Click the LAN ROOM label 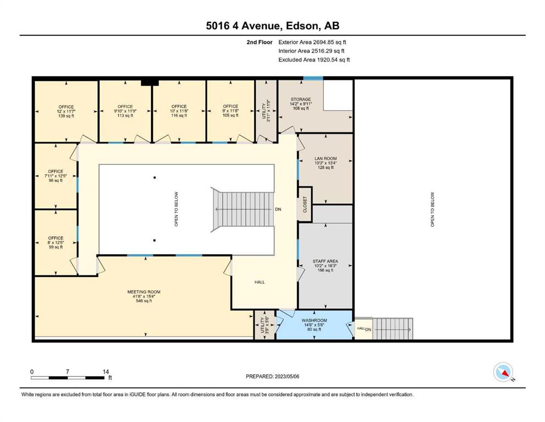325,158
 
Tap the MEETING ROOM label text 144,292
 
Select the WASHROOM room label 314,320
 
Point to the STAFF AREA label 325,261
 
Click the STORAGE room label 301,99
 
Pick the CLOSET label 305,204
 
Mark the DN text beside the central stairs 278,209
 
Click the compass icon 503,372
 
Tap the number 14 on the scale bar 106,371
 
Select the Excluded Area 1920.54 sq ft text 314,60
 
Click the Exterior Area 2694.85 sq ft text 312,42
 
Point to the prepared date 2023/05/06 286,376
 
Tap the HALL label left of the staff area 260,282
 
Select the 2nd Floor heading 260,42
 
